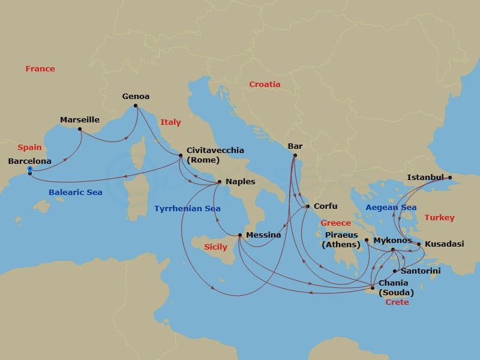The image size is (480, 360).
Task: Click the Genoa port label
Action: [x=136, y=96]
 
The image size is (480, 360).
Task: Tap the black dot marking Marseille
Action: [x=80, y=129]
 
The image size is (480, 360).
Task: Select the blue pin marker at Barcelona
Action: [x=29, y=170]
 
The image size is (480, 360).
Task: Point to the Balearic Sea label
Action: [x=76, y=193]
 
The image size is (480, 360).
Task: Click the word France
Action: [x=40, y=69]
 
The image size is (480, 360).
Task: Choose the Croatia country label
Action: [x=265, y=85]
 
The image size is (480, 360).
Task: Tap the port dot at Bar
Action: [x=295, y=155]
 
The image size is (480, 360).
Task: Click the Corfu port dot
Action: [x=308, y=206]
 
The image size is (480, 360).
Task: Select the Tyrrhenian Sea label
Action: [x=187, y=209]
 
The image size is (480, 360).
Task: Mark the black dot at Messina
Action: [x=239, y=235]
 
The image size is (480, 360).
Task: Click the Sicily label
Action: [x=216, y=247]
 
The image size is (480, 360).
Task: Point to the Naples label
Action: [x=240, y=182]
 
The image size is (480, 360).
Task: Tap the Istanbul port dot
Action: [x=450, y=178]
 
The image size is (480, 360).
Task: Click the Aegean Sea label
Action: [x=391, y=208]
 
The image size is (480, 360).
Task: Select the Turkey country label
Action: [x=439, y=218]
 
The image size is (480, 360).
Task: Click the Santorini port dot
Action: [x=395, y=271]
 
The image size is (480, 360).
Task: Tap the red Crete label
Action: [x=397, y=302]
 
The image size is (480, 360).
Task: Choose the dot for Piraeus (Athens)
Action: [x=366, y=240]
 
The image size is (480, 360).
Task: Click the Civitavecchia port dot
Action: [x=181, y=156]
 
